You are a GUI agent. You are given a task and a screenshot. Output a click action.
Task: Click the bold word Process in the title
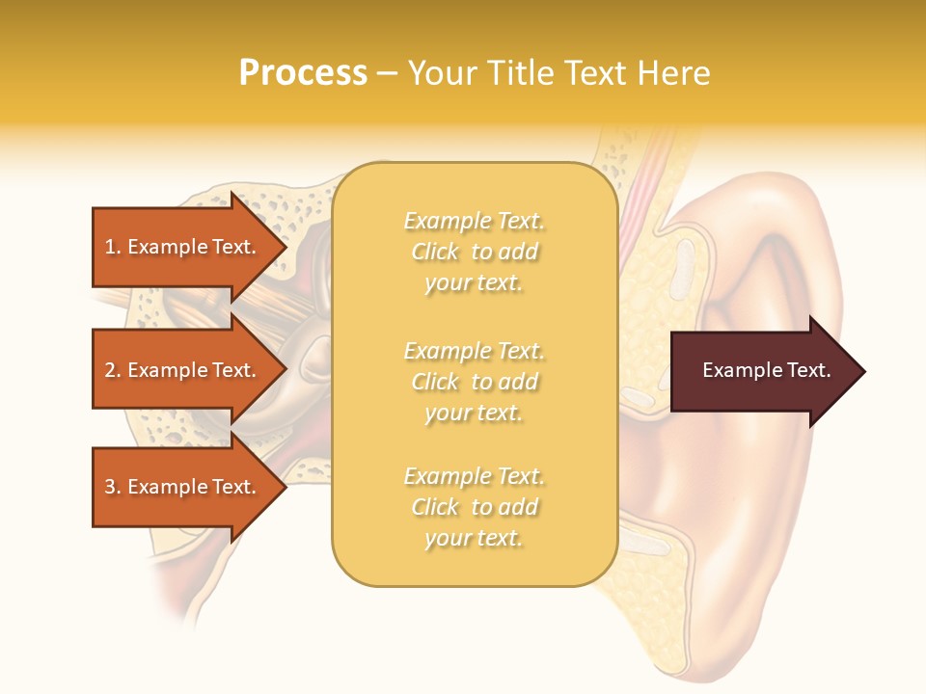(x=303, y=73)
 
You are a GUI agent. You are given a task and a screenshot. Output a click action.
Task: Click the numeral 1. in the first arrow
(x=113, y=247)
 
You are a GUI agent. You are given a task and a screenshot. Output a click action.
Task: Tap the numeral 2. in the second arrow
(x=113, y=370)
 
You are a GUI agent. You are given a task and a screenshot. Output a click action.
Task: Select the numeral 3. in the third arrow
(x=113, y=487)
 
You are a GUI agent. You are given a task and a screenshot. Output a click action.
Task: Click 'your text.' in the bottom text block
(x=474, y=538)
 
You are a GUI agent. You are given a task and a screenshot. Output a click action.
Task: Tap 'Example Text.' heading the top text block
(x=474, y=222)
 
